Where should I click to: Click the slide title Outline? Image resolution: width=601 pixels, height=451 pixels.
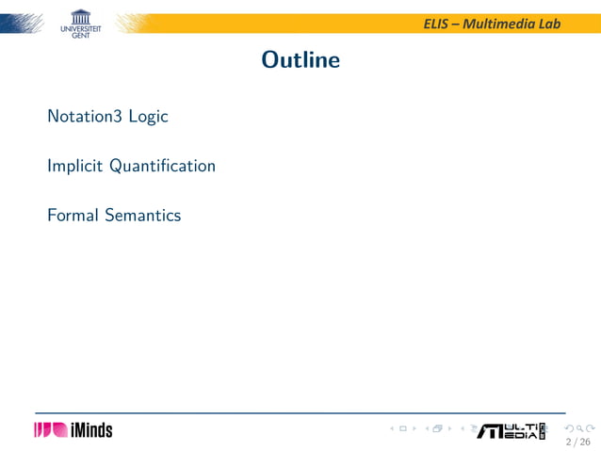(x=300, y=60)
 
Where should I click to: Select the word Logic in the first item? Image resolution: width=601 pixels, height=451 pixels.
(x=148, y=118)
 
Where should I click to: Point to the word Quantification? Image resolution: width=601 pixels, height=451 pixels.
(x=162, y=166)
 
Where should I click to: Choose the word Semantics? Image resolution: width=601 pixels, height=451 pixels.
(x=142, y=216)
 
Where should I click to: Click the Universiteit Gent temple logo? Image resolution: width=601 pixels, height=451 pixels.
(x=82, y=16)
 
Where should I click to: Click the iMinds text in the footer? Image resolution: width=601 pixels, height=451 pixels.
(x=91, y=430)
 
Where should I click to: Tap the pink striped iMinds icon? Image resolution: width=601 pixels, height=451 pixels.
(x=50, y=430)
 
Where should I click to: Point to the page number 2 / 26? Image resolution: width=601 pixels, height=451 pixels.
(x=577, y=442)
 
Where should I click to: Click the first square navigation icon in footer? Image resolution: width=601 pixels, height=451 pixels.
(x=403, y=429)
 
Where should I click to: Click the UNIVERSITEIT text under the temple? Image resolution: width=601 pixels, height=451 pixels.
(x=81, y=29)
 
